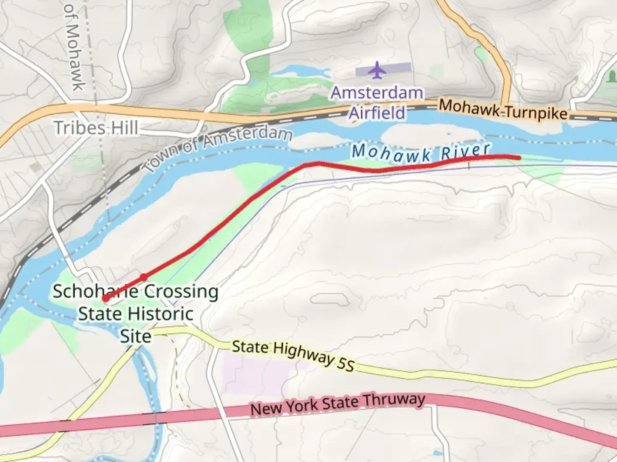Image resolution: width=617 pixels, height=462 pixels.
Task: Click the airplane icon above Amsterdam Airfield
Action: [x=377, y=70]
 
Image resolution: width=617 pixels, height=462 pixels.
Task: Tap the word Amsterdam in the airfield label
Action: [x=377, y=92]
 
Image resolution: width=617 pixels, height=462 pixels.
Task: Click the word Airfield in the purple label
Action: [x=377, y=113]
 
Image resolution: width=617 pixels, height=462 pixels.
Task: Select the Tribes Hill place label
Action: [x=96, y=127]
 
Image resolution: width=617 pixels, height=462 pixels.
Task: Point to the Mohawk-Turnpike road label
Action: [x=503, y=110]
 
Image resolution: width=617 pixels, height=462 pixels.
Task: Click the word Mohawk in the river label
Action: [x=391, y=153]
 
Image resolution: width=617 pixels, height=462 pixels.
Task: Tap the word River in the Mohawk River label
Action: [x=466, y=151]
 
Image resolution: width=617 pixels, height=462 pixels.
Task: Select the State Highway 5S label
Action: [x=293, y=355]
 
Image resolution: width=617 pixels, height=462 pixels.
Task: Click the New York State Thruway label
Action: [x=338, y=403]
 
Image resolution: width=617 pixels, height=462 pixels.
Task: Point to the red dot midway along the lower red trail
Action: [x=144, y=277]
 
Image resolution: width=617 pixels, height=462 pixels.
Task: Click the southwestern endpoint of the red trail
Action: [x=105, y=299]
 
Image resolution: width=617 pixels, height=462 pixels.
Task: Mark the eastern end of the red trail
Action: [x=519, y=158]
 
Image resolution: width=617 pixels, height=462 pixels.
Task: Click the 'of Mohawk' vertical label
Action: [x=74, y=47]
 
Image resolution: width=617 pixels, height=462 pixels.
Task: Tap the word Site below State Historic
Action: [x=135, y=336]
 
